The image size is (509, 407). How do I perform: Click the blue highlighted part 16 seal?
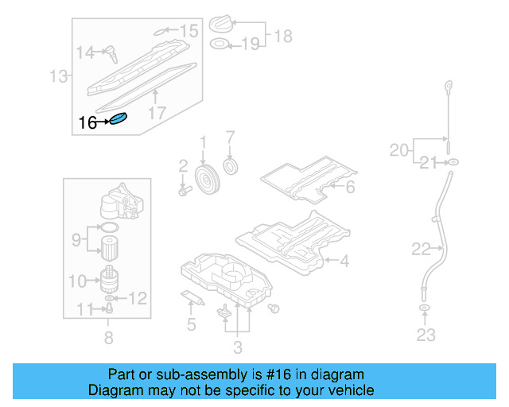pyautogui.click(x=119, y=120)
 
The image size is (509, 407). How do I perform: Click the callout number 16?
pyautogui.click(x=88, y=122)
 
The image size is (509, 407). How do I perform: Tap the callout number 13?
pyautogui.click(x=58, y=76)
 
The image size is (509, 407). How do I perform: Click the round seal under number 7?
pyautogui.click(x=231, y=167)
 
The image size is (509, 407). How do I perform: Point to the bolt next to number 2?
pyautogui.click(x=185, y=190)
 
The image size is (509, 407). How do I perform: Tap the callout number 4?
pyautogui.click(x=344, y=259)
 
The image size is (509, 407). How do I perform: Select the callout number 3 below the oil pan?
pyautogui.click(x=238, y=346)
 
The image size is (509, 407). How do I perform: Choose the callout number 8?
pyautogui.click(x=108, y=338)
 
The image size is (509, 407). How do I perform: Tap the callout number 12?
pyautogui.click(x=138, y=299)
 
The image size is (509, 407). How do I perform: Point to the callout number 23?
pyautogui.click(x=426, y=335)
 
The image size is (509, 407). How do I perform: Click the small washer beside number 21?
pyautogui.click(x=451, y=163)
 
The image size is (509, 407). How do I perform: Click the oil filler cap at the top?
pyautogui.click(x=222, y=24)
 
